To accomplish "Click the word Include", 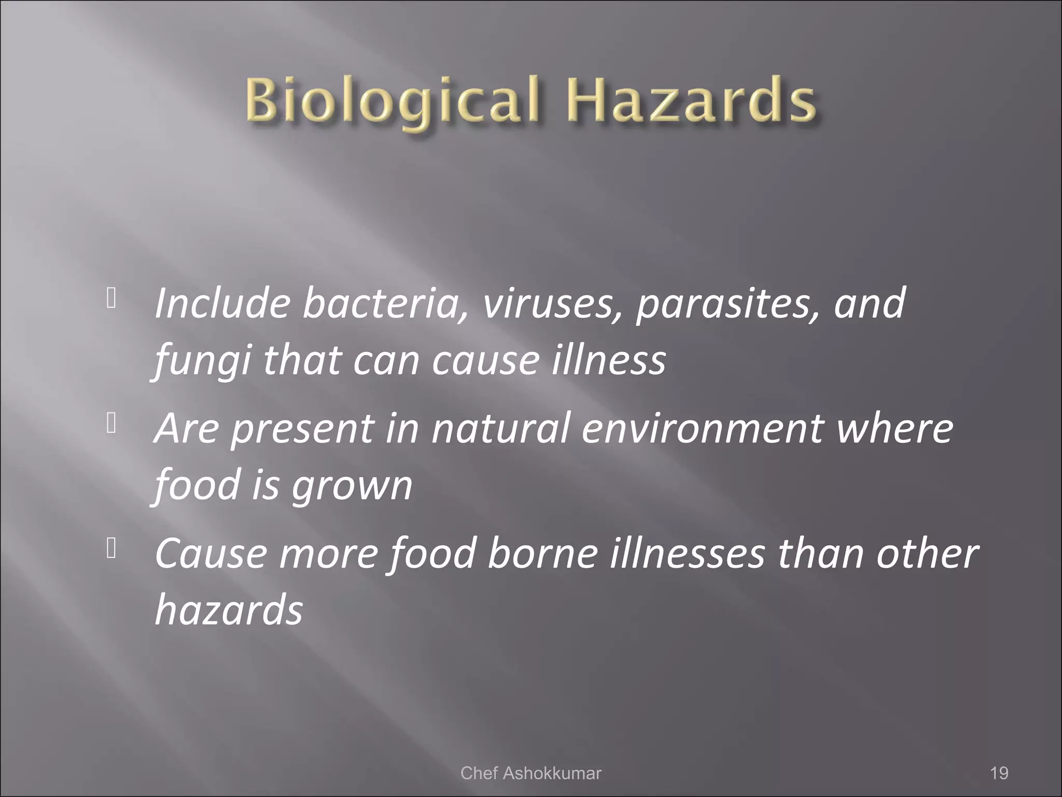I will point(222,303).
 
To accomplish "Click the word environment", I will point(702,429).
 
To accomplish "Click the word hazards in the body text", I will point(229,610).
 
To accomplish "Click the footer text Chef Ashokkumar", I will point(530,773).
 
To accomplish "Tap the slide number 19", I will point(999,773).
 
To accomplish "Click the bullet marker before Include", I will point(110,298).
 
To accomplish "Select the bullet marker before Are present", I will point(110,424).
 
